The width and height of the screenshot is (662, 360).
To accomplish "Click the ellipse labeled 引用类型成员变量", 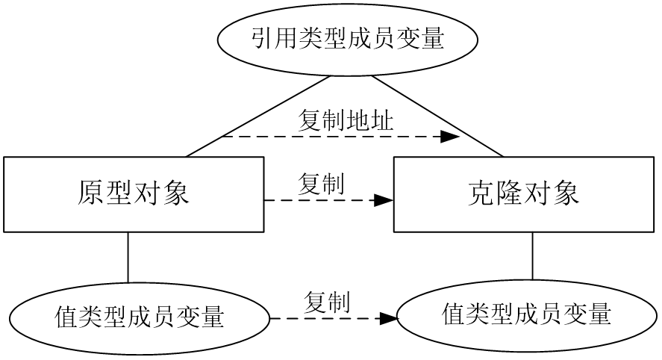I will pos(347,40).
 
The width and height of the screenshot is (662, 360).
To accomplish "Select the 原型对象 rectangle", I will pos(134,193).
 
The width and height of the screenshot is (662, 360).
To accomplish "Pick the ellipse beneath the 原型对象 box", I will pos(140,317).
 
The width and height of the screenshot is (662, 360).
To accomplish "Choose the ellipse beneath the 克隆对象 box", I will pos(527,314).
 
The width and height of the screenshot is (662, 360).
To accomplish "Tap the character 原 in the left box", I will pos(91,193).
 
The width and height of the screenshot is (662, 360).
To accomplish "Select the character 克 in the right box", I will pos(482,193).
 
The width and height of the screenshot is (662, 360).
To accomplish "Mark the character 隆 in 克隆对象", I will pos(510,193).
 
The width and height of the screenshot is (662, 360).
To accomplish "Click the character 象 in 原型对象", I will pos(176,193).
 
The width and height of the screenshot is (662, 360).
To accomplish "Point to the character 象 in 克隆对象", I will pos(566,193).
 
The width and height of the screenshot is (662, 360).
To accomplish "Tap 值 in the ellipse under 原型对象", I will pos(67,317).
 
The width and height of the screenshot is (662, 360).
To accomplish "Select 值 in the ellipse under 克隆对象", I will pos(455,314).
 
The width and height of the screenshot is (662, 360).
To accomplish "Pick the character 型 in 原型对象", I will pos(119,193).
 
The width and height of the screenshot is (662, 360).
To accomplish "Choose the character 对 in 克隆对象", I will pos(538,193).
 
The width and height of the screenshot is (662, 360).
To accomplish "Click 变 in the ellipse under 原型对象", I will pos(188,317).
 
